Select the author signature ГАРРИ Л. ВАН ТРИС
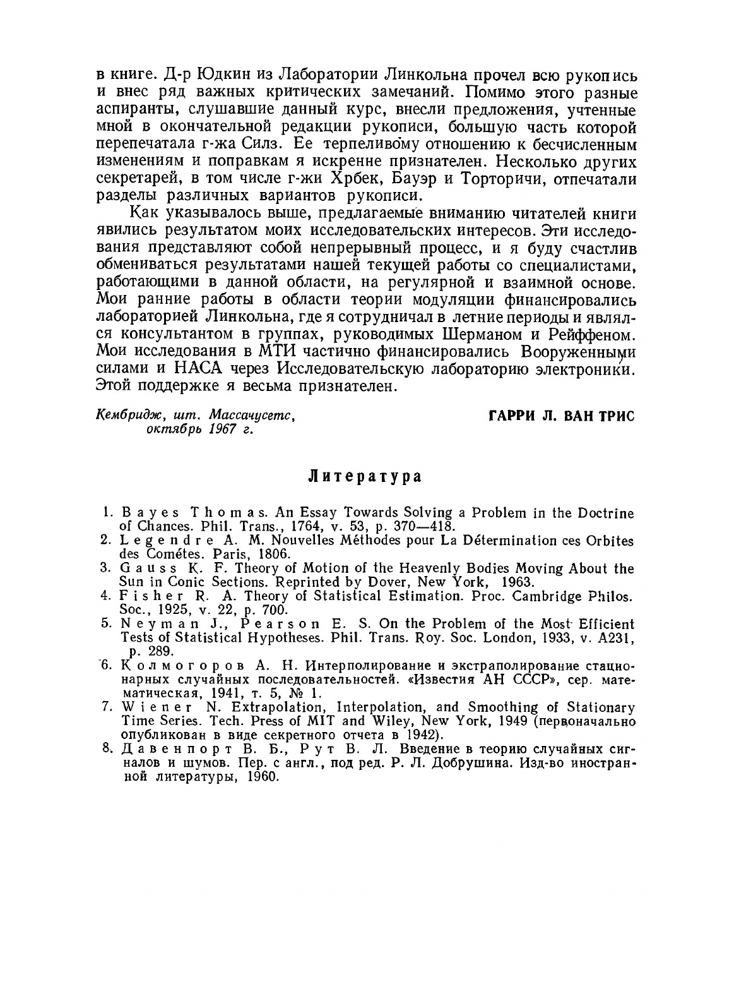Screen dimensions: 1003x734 tap(561, 417)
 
